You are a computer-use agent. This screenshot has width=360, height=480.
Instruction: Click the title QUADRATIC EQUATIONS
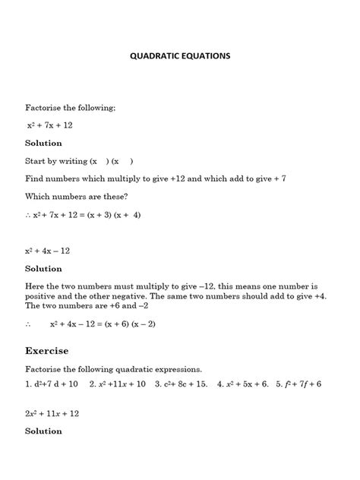179,56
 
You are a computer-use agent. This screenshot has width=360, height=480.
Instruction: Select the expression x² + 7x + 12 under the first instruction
50,125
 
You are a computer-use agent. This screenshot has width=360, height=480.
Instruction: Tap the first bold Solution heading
43,143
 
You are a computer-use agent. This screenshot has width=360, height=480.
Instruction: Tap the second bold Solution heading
43,268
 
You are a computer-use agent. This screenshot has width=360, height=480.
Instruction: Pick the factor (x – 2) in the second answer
154,323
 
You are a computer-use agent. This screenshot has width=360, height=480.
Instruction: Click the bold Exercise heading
47,351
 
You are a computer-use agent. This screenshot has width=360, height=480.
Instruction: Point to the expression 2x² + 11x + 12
52,414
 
